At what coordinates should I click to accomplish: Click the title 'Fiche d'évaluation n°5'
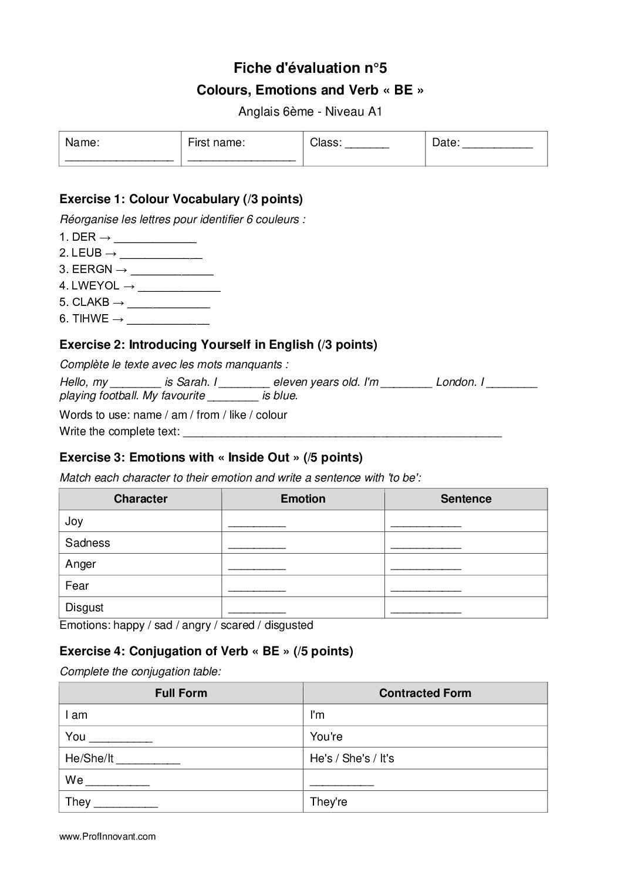pyautogui.click(x=310, y=68)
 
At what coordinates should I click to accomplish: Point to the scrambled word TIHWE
pyautogui.click(x=90, y=319)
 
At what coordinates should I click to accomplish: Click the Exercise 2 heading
pyautogui.click(x=218, y=345)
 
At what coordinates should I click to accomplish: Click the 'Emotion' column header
pyautogui.click(x=303, y=499)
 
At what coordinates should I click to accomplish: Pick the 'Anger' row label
pyautogui.click(x=80, y=564)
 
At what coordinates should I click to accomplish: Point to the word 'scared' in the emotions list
pyautogui.click(x=237, y=625)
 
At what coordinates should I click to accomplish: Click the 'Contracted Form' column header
pyautogui.click(x=425, y=693)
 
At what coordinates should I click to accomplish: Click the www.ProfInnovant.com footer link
pyautogui.click(x=107, y=837)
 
